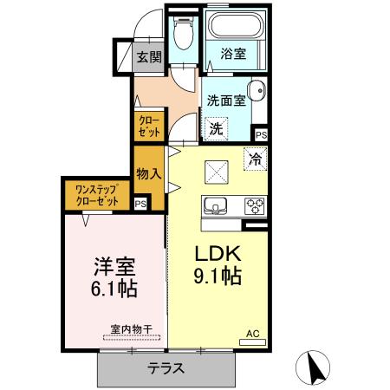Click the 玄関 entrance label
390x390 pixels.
(x=149, y=58)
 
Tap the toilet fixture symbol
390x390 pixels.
(x=181, y=35)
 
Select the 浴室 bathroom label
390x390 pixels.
(x=232, y=54)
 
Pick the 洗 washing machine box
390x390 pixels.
(x=218, y=127)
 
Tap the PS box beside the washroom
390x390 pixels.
(x=260, y=134)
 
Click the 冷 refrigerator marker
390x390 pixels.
(x=254, y=159)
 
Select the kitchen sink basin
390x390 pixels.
(x=216, y=206)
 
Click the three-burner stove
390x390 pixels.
(x=254, y=206)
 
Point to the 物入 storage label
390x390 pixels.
(x=149, y=172)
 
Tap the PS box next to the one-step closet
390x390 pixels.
(x=140, y=204)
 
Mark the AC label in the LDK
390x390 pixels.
(x=252, y=333)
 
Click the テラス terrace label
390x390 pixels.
(x=166, y=367)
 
